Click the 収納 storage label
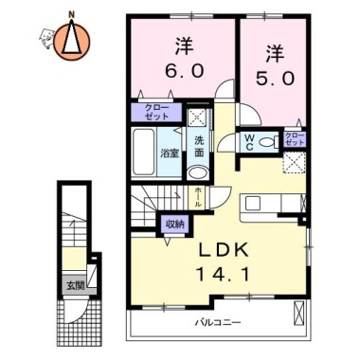173,225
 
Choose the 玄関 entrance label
73,283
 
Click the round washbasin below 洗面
197,172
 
